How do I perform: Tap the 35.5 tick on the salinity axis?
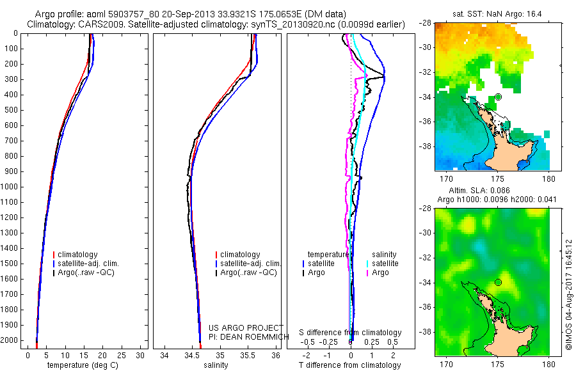[x=248, y=355]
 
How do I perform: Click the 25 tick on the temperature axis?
[x=122, y=355]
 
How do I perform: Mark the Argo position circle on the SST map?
[x=499, y=97]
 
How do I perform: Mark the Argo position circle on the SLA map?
[x=499, y=282]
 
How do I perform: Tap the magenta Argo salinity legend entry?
[x=380, y=272]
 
